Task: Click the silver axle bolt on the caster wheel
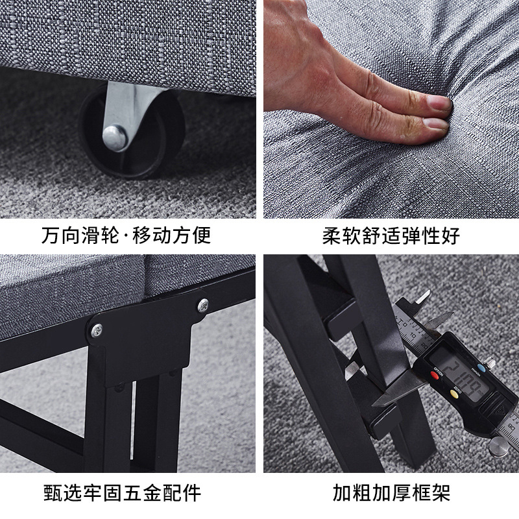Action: [x=115, y=136]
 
